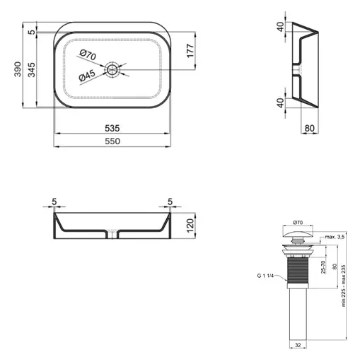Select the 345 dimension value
click(32, 69)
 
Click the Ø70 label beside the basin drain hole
click(88, 54)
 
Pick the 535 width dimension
click(112, 128)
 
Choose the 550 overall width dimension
click(112, 141)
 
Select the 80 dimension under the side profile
click(309, 128)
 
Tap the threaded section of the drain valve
click(296, 269)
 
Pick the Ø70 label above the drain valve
click(296, 223)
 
